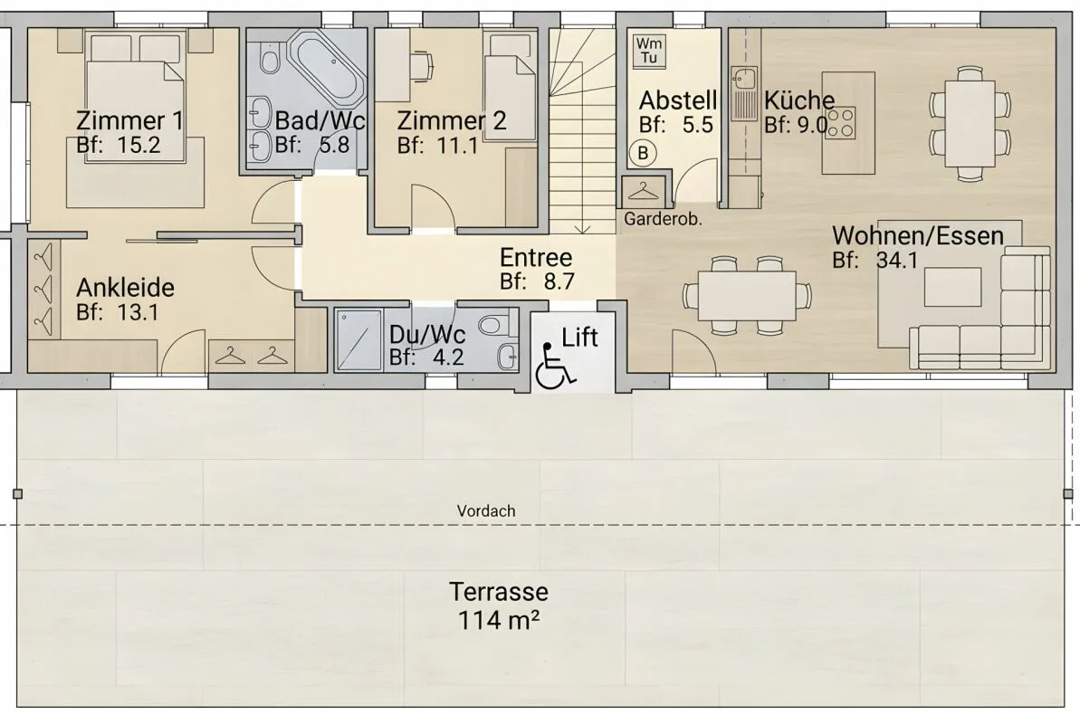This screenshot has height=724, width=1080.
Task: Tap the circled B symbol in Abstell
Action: coord(643,152)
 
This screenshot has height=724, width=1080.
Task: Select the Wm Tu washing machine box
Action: coord(649,51)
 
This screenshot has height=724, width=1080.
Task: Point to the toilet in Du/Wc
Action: coord(494,322)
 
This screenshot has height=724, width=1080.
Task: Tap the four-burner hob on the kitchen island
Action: coord(840,123)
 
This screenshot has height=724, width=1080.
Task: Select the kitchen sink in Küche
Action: coord(744,93)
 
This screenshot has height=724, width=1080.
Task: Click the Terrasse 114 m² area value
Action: coord(499,620)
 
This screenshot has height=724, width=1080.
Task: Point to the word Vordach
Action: coord(486,511)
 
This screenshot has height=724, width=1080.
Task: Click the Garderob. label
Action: coord(663,220)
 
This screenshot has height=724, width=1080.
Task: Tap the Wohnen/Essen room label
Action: coord(918,235)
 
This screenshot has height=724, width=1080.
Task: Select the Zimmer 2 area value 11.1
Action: coord(457,146)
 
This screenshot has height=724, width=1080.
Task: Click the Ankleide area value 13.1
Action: coord(138,312)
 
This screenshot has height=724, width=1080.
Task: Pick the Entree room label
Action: coord(536,258)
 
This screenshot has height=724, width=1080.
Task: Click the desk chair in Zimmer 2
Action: coord(423,63)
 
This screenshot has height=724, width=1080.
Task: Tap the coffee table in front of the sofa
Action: coord(952,287)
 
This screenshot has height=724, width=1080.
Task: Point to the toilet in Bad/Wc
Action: coord(269,60)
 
